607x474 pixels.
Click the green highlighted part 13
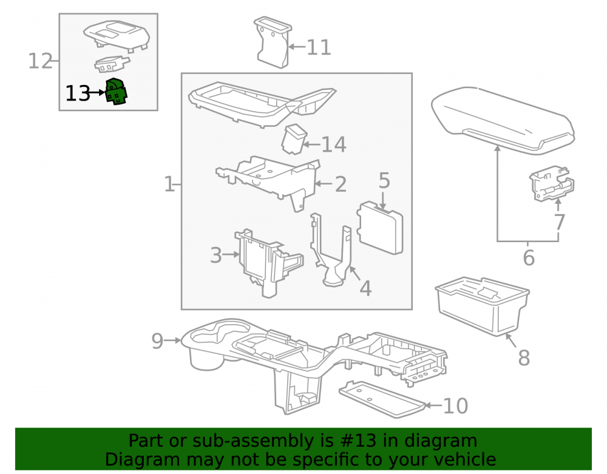click(116, 91)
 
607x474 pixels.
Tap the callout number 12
click(40, 61)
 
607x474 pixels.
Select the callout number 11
click(319, 47)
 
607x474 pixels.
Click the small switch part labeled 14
click(294, 139)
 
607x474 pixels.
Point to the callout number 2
click(341, 184)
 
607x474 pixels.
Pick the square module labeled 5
click(380, 228)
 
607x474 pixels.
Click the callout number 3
click(216, 255)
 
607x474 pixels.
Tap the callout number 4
click(365, 288)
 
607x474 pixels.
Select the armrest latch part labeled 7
click(552, 184)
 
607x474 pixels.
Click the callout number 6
click(529, 258)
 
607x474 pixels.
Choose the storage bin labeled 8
click(482, 306)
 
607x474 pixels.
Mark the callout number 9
click(157, 341)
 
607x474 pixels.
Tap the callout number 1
click(169, 184)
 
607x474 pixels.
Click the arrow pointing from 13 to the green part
click(97, 92)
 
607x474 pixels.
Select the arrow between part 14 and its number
click(311, 144)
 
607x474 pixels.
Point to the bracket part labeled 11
click(273, 42)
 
